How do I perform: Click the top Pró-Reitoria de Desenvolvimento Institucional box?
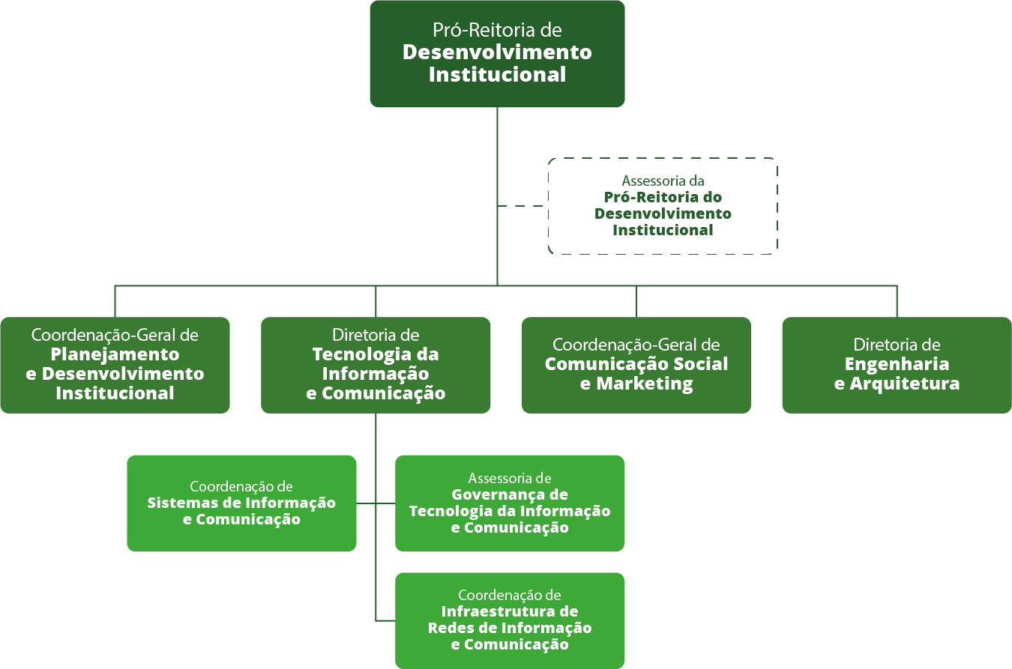[x=497, y=54]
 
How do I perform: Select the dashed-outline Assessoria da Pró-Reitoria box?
[x=663, y=206]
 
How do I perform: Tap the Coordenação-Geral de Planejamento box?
[x=115, y=365]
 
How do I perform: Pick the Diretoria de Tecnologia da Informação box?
[x=376, y=365]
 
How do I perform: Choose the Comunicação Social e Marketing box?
[x=636, y=365]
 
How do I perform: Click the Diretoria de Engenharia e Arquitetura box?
[x=897, y=365]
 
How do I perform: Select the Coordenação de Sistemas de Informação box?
[x=241, y=503]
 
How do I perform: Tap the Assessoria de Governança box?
[x=510, y=503]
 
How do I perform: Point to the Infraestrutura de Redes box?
[x=510, y=620]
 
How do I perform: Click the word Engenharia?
[x=897, y=365]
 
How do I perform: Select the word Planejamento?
[x=115, y=354]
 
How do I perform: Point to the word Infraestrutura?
[x=510, y=612]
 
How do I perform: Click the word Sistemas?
[x=177, y=503]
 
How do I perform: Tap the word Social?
[x=700, y=365]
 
